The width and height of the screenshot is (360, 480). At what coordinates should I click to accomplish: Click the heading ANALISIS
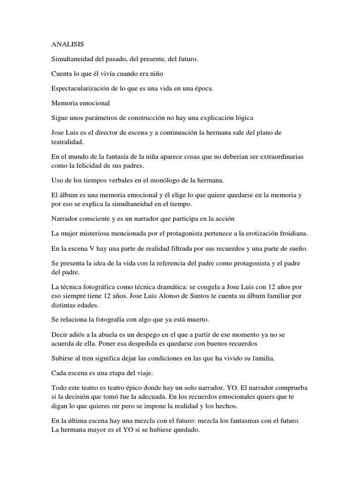coord(67,45)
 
